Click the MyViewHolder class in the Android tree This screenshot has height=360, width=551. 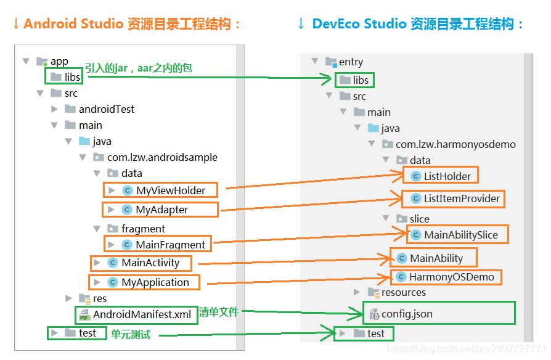tap(170, 190)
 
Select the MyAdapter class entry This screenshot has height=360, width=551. tap(161, 210)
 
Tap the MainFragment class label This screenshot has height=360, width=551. tap(170, 245)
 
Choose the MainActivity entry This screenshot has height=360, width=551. tap(150, 263)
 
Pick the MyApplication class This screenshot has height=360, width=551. tap(155, 282)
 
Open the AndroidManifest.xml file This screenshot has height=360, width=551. tap(141, 315)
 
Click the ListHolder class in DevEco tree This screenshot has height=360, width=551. tap(447, 176)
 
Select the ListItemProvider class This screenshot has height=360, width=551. tap(460, 199)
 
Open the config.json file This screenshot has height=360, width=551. tap(406, 314)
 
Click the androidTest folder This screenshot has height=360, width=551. tap(106, 109)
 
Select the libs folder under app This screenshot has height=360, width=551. tap(72, 77)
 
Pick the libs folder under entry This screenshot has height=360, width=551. tap(361, 80)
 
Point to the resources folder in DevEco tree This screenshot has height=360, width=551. tap(403, 292)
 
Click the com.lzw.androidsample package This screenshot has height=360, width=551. tap(161, 157)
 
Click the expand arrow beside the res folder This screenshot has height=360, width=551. tap(69, 298)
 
